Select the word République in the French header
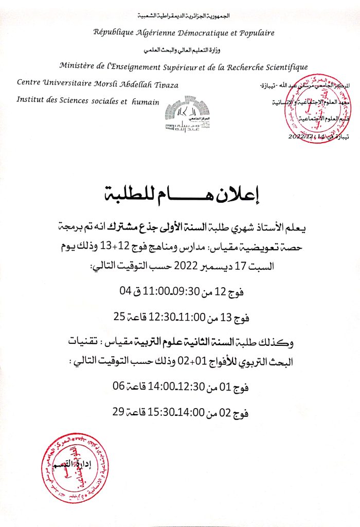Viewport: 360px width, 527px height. point(114,32)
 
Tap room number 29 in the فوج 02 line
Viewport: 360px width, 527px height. point(119,412)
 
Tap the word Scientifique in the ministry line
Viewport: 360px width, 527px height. point(281,66)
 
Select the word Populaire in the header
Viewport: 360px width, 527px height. point(256,32)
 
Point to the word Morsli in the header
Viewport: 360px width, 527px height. point(102,84)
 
